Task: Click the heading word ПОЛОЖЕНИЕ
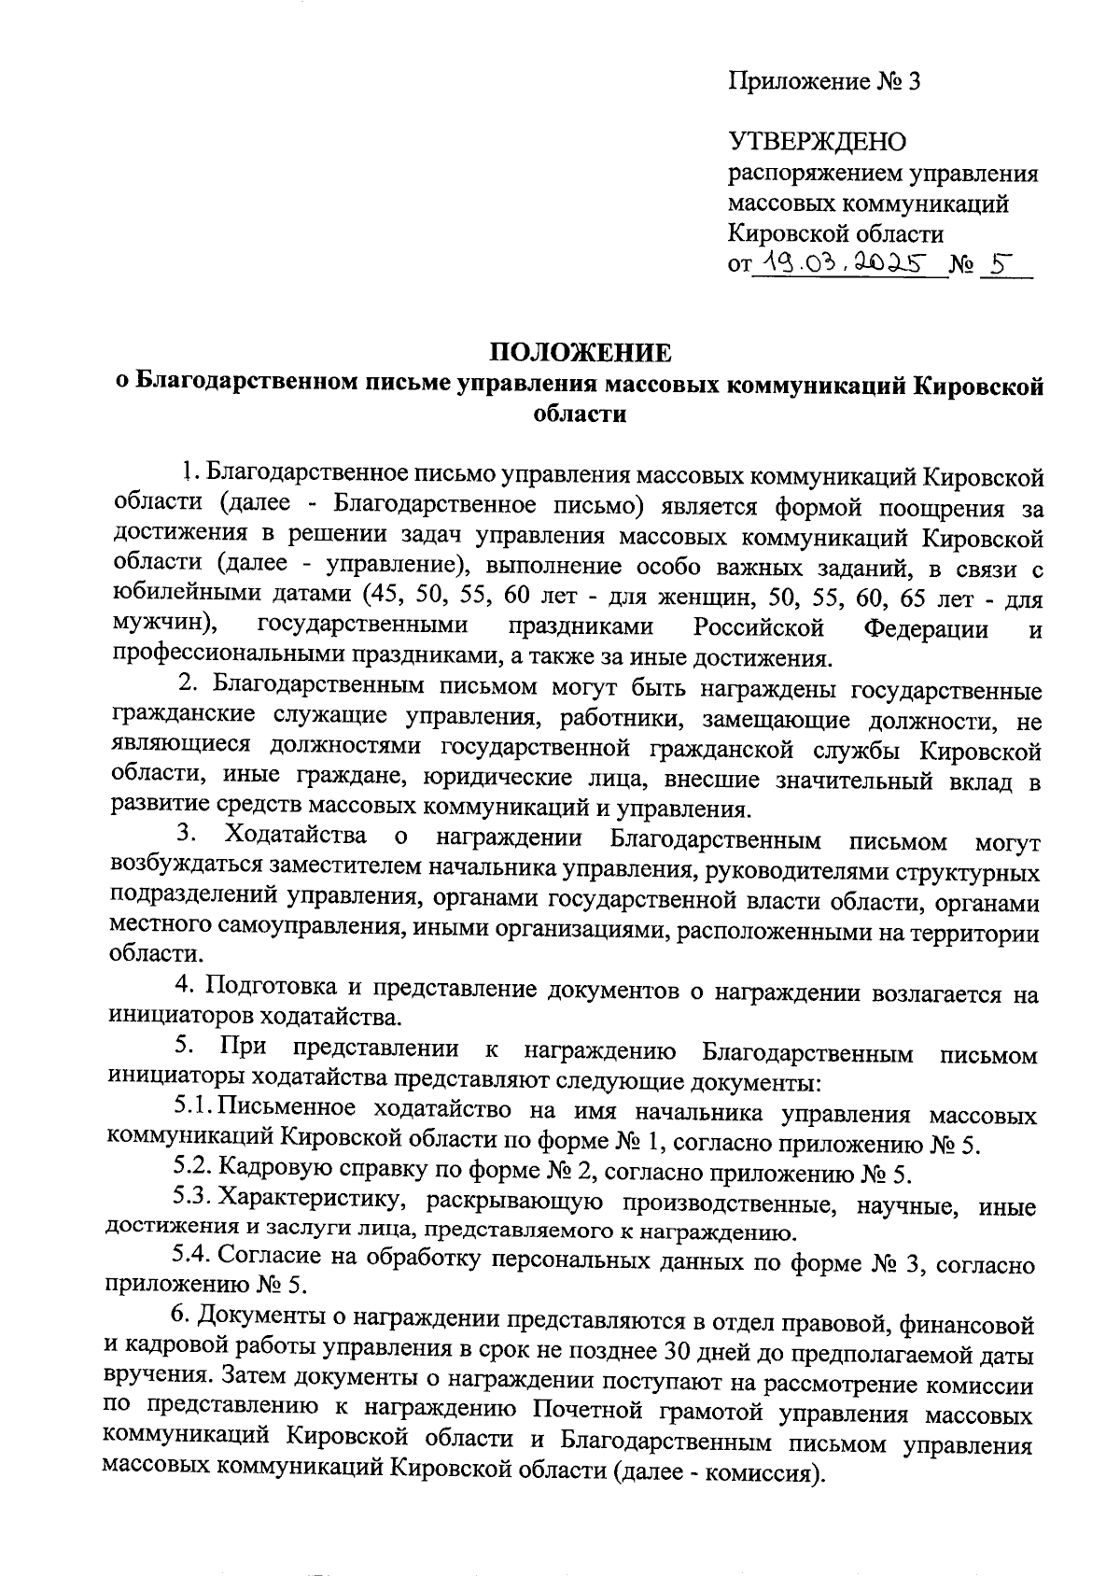[581, 353]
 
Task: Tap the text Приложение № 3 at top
[824, 82]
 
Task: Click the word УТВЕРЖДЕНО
[817, 143]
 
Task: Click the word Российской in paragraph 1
[759, 626]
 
